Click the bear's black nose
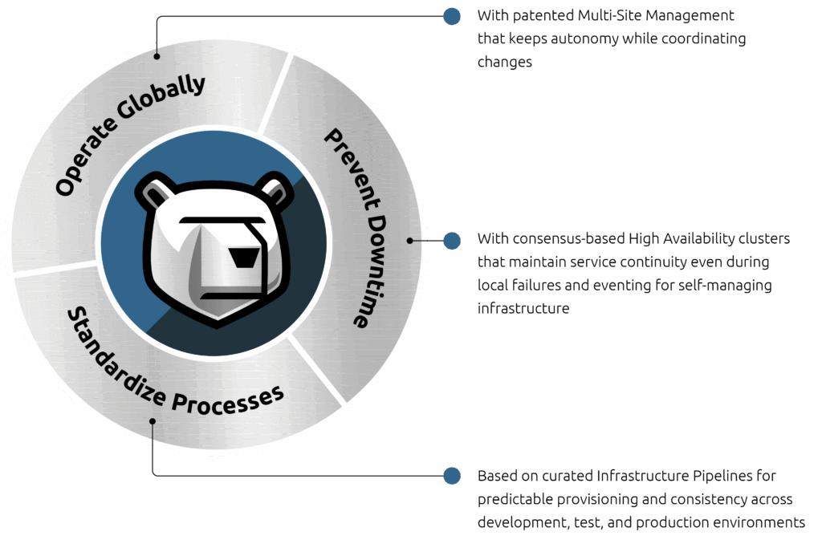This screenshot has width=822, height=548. point(243,258)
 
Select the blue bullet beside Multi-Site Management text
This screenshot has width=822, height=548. point(452,16)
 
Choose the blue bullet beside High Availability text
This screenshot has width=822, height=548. point(452,240)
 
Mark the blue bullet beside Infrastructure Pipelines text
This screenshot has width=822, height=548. point(452,476)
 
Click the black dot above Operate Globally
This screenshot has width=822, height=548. point(157,56)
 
